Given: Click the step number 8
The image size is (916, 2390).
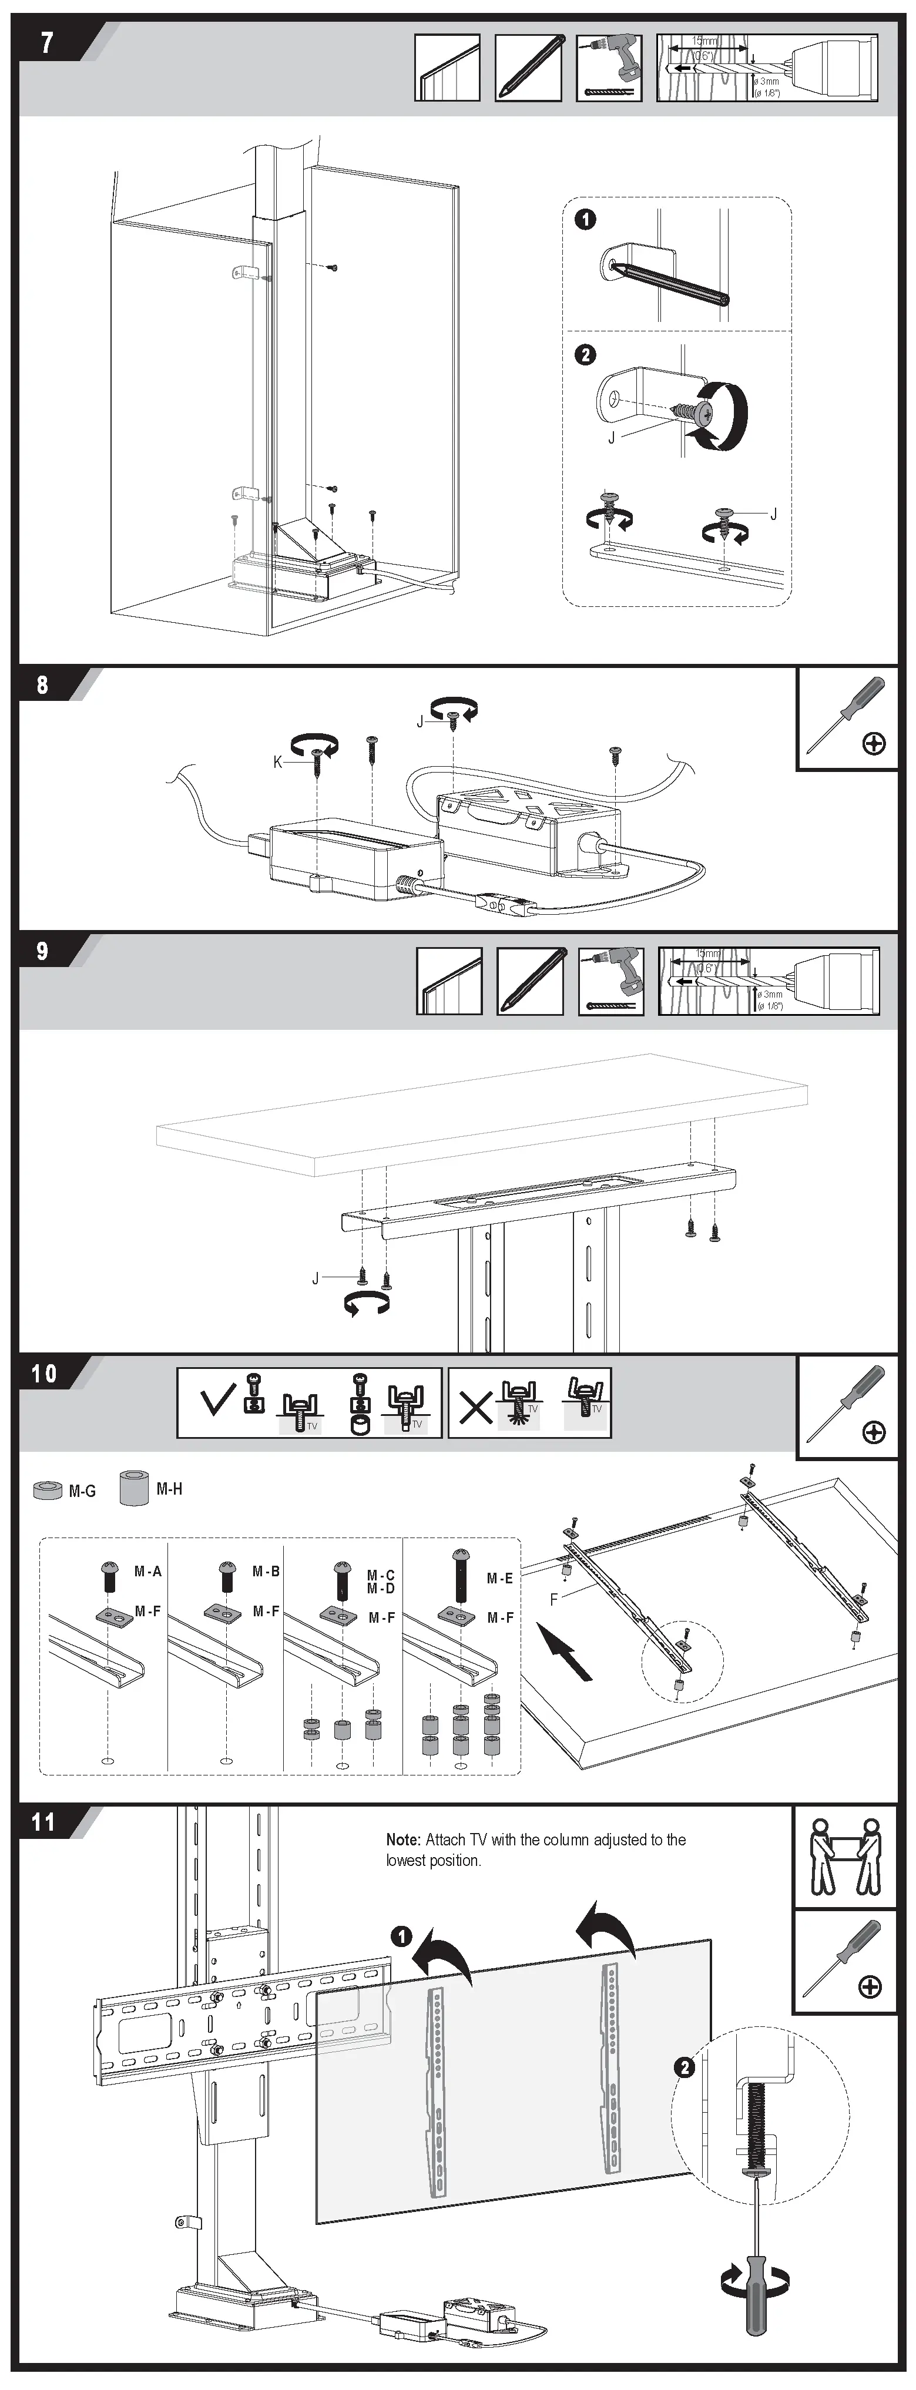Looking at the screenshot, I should pos(43,684).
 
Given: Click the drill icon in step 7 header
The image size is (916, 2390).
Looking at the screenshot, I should pos(609,68).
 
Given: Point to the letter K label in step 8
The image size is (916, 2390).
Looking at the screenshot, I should pos(277,762).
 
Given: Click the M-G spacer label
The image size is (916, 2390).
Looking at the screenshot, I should pos(82,1491).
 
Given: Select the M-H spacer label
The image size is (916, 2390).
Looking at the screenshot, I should pos(169,1488).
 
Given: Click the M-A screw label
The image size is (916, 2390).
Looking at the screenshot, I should pos(147,1571).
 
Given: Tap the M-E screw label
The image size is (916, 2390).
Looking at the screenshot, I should pos(499,1577).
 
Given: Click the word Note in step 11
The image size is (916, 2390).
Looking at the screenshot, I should pos(403,1839).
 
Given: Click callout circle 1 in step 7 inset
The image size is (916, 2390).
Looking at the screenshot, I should pos(585,220).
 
